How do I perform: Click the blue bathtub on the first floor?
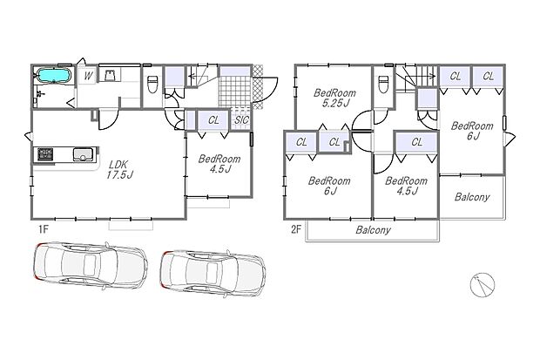(x=54, y=76)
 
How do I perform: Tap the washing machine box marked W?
(x=88, y=76)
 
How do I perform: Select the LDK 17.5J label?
(x=119, y=169)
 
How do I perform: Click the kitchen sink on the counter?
(x=84, y=154)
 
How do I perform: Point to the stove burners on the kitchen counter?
(x=45, y=154)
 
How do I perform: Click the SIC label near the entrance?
(x=241, y=120)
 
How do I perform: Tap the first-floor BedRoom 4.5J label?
(x=219, y=164)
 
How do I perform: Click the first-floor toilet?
(x=152, y=84)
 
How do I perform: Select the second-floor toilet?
(x=383, y=84)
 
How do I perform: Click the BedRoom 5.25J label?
(x=334, y=98)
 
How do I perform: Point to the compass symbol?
(x=483, y=285)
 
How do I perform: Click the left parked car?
(x=91, y=265)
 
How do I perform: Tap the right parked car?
(x=213, y=274)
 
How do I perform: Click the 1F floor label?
(x=43, y=229)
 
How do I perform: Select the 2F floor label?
(x=296, y=229)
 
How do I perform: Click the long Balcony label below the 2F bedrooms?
(x=374, y=230)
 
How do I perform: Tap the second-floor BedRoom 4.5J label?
(x=407, y=186)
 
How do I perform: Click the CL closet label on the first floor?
(x=213, y=120)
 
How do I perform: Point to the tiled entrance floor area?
(x=234, y=92)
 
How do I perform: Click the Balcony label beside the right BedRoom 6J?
(x=472, y=197)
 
